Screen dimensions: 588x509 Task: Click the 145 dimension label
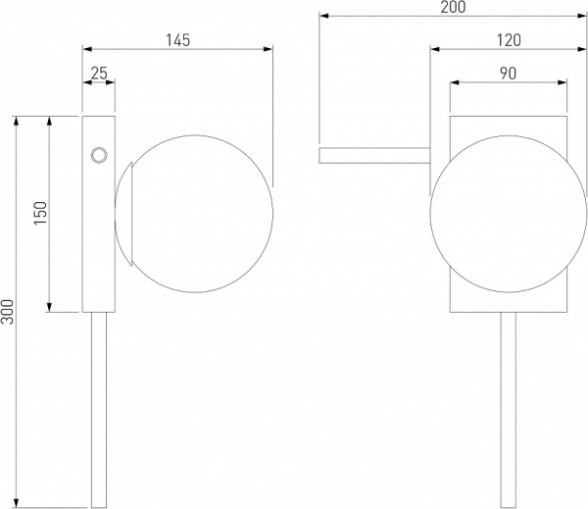click(178, 40)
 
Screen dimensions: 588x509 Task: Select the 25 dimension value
click(99, 74)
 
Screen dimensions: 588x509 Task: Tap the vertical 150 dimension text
click(41, 213)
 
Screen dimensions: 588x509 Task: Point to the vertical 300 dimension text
click(7, 312)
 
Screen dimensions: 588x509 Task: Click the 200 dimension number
click(453, 7)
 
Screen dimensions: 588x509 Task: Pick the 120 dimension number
click(509, 40)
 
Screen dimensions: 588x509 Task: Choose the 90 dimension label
click(508, 74)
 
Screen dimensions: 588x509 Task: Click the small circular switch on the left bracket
click(99, 155)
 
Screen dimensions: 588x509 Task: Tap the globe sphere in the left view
click(194, 214)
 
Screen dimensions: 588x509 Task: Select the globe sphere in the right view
click(509, 214)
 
